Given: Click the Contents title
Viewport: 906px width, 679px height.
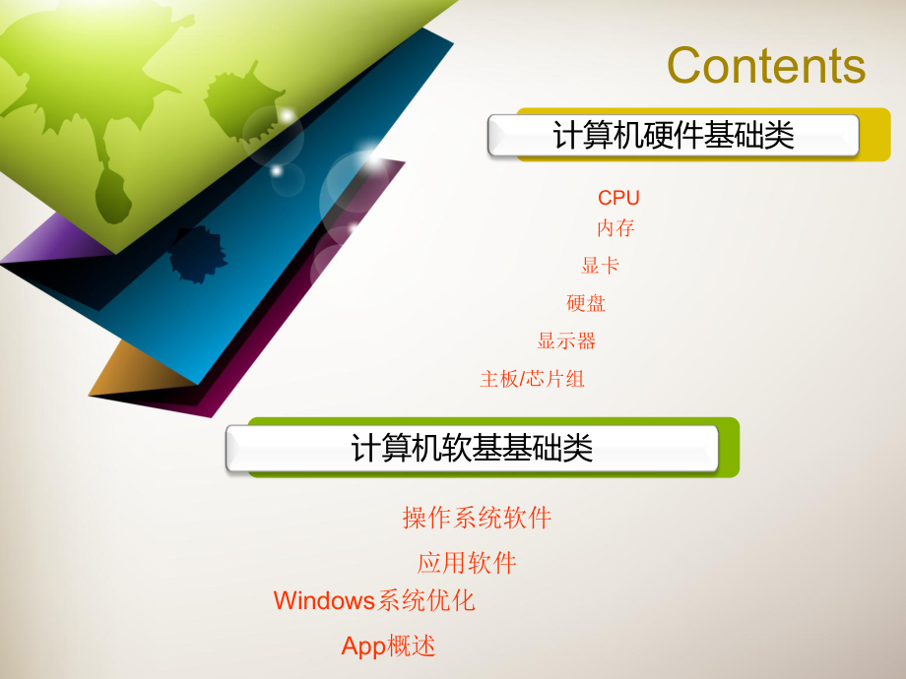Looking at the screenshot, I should coord(766,66).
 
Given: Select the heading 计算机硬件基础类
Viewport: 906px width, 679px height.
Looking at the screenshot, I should coord(674,136).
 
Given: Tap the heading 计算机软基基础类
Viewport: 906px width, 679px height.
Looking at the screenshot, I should coord(473,449).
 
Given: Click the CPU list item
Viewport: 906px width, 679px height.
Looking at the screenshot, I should coord(618,198).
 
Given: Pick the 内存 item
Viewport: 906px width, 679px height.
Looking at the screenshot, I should coord(615,228).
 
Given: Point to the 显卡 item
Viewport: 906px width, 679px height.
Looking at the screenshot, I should coord(600,266).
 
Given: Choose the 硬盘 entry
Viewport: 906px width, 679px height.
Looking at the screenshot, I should coord(586,303).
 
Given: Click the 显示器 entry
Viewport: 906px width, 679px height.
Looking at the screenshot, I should coord(566,341).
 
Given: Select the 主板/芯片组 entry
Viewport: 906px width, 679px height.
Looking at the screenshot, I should coord(532,379).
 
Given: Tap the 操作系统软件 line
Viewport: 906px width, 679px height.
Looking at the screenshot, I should coord(477,518).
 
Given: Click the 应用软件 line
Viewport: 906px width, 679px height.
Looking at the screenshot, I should coord(467,563).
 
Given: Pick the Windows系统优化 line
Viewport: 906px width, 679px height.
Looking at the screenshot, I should coord(374,600).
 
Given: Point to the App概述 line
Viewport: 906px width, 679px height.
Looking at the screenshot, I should coord(388,646).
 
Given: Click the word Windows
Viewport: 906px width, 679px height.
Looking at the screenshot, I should coord(325,600).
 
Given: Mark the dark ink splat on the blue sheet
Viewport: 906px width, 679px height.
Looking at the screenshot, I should coord(196,254).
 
